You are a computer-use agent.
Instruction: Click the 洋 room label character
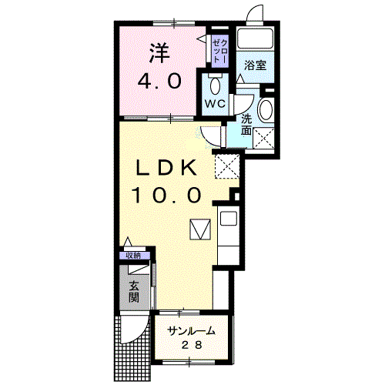point(159,53)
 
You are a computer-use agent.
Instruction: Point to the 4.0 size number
point(159,82)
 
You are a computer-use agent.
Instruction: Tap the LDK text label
point(166,168)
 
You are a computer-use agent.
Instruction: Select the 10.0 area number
point(166,195)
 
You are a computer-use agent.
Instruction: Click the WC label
point(215,104)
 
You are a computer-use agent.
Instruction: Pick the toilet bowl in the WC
point(215,85)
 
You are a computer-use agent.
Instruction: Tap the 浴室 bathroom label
point(255,65)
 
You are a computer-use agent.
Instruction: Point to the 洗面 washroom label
point(246,125)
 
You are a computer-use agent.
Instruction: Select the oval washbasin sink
point(266,110)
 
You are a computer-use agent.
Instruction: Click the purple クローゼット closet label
point(220,52)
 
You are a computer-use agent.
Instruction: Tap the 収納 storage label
point(133,256)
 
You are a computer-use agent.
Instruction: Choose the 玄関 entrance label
point(134,291)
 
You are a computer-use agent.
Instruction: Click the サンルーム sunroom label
point(191,331)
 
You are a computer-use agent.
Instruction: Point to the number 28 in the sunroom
point(192,345)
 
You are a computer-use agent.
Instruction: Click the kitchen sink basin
point(229,219)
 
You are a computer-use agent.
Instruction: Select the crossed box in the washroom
point(263,138)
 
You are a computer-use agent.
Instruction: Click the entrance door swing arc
point(140,333)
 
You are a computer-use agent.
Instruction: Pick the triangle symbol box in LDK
point(200,229)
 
